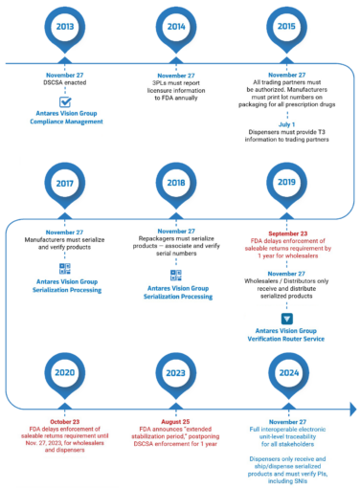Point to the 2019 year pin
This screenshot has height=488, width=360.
pos(285,183)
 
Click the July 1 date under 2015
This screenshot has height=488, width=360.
pos(285,123)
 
